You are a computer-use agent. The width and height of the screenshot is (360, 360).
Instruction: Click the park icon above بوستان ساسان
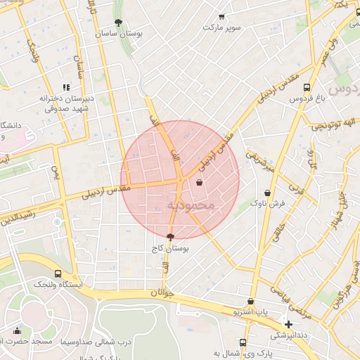[x=118, y=22]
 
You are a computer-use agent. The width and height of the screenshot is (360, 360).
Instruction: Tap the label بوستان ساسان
[x=118, y=33]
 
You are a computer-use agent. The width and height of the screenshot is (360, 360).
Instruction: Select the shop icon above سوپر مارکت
[x=222, y=17]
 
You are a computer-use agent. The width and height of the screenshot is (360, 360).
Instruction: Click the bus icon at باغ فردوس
[x=307, y=88]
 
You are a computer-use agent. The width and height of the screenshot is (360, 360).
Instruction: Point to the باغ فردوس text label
[x=308, y=99]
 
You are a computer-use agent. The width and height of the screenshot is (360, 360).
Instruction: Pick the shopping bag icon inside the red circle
[x=200, y=183]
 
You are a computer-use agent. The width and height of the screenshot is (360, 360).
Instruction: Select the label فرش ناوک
[x=268, y=203]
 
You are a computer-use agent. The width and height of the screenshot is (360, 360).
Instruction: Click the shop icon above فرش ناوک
[x=267, y=193]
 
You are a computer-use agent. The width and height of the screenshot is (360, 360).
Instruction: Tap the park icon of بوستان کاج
[x=170, y=238]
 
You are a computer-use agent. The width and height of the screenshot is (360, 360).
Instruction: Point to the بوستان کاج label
[x=169, y=249]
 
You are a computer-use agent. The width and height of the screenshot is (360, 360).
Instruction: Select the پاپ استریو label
[x=252, y=310]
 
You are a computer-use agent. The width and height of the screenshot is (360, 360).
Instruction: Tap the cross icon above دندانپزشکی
[x=288, y=324]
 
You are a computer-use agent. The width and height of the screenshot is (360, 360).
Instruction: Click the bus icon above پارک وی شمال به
[x=243, y=342]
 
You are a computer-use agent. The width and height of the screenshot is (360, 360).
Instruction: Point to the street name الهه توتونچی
[x=327, y=124]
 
